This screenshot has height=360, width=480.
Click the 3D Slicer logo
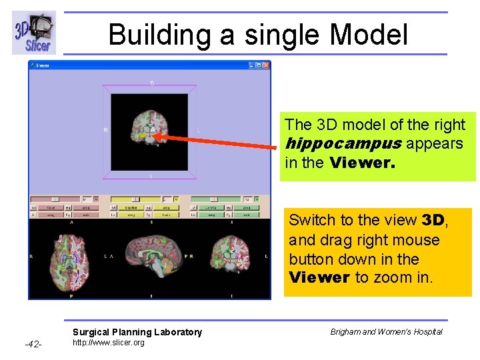(x=33, y=33)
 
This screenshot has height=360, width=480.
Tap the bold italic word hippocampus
(x=343, y=143)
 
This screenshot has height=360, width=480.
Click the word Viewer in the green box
(x=362, y=163)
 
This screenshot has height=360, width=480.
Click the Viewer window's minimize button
(x=252, y=65)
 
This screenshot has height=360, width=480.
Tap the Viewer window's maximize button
(x=259, y=65)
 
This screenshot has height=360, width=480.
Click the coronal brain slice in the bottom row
(x=231, y=257)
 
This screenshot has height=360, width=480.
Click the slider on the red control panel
(x=56, y=199)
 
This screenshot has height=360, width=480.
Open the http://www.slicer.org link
(x=108, y=343)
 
